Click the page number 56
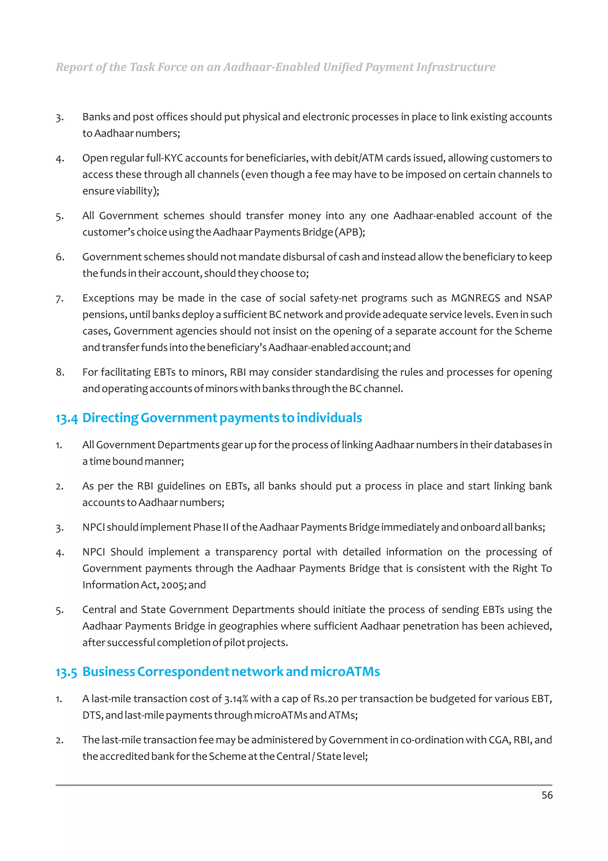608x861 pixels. click(547, 795)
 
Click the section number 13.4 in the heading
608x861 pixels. click(66, 418)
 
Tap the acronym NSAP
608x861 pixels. click(539, 298)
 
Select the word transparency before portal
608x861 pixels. click(246, 552)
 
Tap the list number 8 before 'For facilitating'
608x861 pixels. click(60, 372)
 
